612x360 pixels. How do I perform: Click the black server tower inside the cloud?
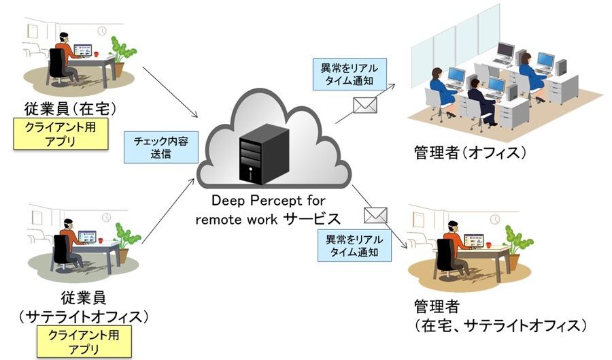[264, 155]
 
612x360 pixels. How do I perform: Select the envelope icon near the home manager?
[375, 216]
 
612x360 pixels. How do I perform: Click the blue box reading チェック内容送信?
[160, 147]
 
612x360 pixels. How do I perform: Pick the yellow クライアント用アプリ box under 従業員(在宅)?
[61, 133]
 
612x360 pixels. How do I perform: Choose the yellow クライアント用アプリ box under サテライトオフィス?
[84, 342]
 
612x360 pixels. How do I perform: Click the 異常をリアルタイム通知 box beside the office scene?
[350, 74]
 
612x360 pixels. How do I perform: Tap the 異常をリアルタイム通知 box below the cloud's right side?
[354, 245]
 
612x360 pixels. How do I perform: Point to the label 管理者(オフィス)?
[470, 152]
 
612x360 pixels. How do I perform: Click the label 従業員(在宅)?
[70, 109]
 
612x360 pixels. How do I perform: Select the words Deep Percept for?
[268, 201]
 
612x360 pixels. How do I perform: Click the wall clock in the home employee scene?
[102, 31]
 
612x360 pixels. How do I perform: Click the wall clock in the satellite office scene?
[106, 218]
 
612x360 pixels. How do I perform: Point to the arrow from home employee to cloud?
[170, 92]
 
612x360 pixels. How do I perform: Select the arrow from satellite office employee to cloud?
[168, 211]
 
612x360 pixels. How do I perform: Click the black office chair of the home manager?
[447, 258]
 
